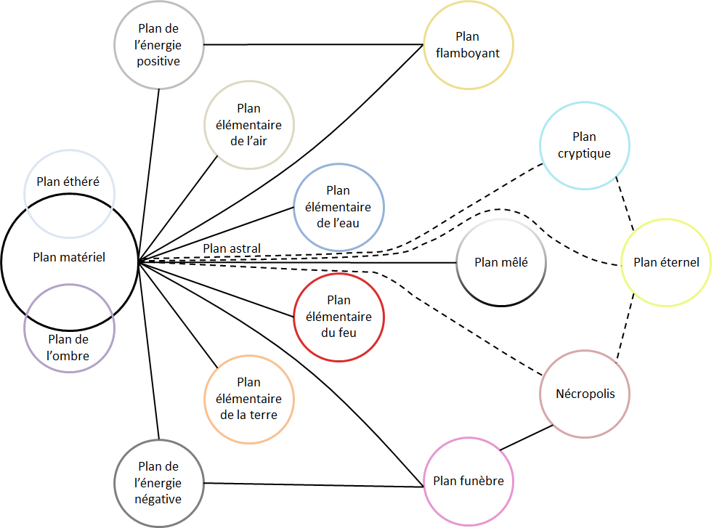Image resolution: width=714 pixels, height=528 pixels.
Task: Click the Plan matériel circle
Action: pyautogui.click(x=70, y=257)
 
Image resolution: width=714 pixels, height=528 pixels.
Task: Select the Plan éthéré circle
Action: pyautogui.click(x=70, y=182)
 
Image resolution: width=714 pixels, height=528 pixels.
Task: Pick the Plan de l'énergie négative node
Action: pyautogui.click(x=159, y=483)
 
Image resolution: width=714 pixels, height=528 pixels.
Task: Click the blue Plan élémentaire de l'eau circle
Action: pyautogui.click(x=338, y=207)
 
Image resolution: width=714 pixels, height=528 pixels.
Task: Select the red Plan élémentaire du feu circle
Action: pyautogui.click(x=338, y=317)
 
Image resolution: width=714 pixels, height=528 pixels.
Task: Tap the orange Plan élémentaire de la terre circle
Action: pyautogui.click(x=249, y=399)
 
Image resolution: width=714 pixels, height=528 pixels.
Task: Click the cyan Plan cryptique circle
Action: pyautogui.click(x=584, y=145)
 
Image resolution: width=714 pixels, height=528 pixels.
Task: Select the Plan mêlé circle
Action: pyautogui.click(x=500, y=263)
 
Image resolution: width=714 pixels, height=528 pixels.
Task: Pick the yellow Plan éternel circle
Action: pyautogui.click(x=666, y=263)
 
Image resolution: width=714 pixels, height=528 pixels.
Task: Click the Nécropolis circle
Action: pyautogui.click(x=585, y=394)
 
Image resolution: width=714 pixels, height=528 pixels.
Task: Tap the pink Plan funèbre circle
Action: pyautogui.click(x=468, y=481)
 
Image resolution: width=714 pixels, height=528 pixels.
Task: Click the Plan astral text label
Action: pyautogui.click(x=232, y=249)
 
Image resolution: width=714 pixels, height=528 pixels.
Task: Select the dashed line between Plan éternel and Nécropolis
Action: pyautogui.click(x=626, y=328)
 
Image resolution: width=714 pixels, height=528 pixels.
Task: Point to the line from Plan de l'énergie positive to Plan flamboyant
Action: pyautogui.click(x=312, y=45)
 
